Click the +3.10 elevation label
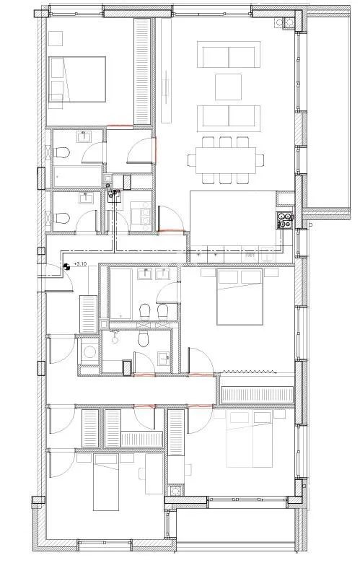pyautogui.click(x=80, y=265)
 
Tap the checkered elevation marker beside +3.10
pyautogui.click(x=67, y=266)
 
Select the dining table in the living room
pyautogui.click(x=224, y=158)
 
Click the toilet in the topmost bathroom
pyautogui.click(x=62, y=153)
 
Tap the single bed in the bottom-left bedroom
pyautogui.click(x=115, y=487)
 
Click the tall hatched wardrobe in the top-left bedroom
pyautogui.click(x=143, y=70)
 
